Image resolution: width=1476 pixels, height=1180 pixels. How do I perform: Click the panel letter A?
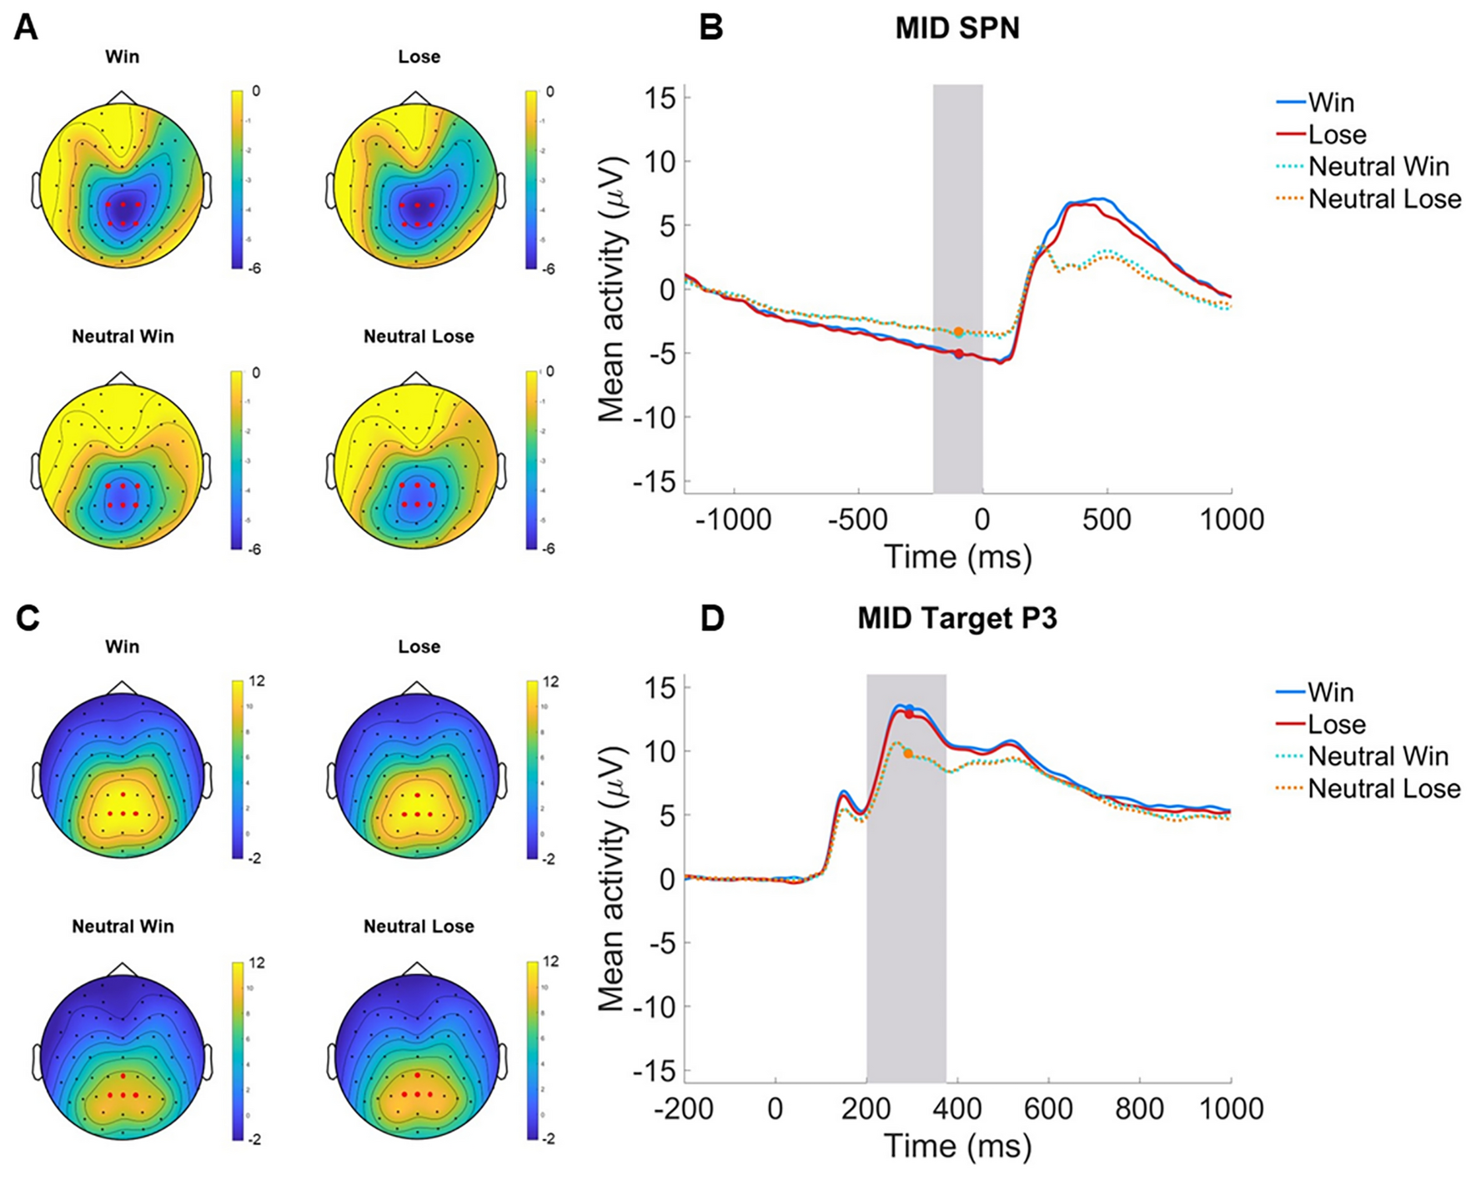(x=27, y=29)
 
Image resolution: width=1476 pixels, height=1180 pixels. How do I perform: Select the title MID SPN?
(x=957, y=29)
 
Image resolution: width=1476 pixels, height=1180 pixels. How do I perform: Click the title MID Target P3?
(x=957, y=620)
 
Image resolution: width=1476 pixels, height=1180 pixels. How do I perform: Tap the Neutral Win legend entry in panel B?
(x=1378, y=167)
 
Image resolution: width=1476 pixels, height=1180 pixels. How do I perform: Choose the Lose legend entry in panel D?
(x=1336, y=725)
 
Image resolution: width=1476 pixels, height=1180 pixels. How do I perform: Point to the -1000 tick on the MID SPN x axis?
(x=734, y=520)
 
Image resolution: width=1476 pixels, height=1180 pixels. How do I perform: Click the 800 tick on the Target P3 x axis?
(x=1139, y=1109)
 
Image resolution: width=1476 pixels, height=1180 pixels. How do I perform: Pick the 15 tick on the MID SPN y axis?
(x=660, y=98)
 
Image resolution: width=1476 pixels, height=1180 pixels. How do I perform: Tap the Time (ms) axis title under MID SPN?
(x=957, y=556)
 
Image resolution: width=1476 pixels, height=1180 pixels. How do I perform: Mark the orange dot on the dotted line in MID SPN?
(x=959, y=332)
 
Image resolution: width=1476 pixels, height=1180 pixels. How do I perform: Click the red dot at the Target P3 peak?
(x=909, y=714)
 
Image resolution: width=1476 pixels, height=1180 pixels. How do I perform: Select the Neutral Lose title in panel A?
(x=419, y=337)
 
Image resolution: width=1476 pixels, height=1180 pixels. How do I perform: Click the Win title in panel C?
(x=122, y=647)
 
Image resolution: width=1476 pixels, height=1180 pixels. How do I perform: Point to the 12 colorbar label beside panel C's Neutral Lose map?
(x=550, y=962)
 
